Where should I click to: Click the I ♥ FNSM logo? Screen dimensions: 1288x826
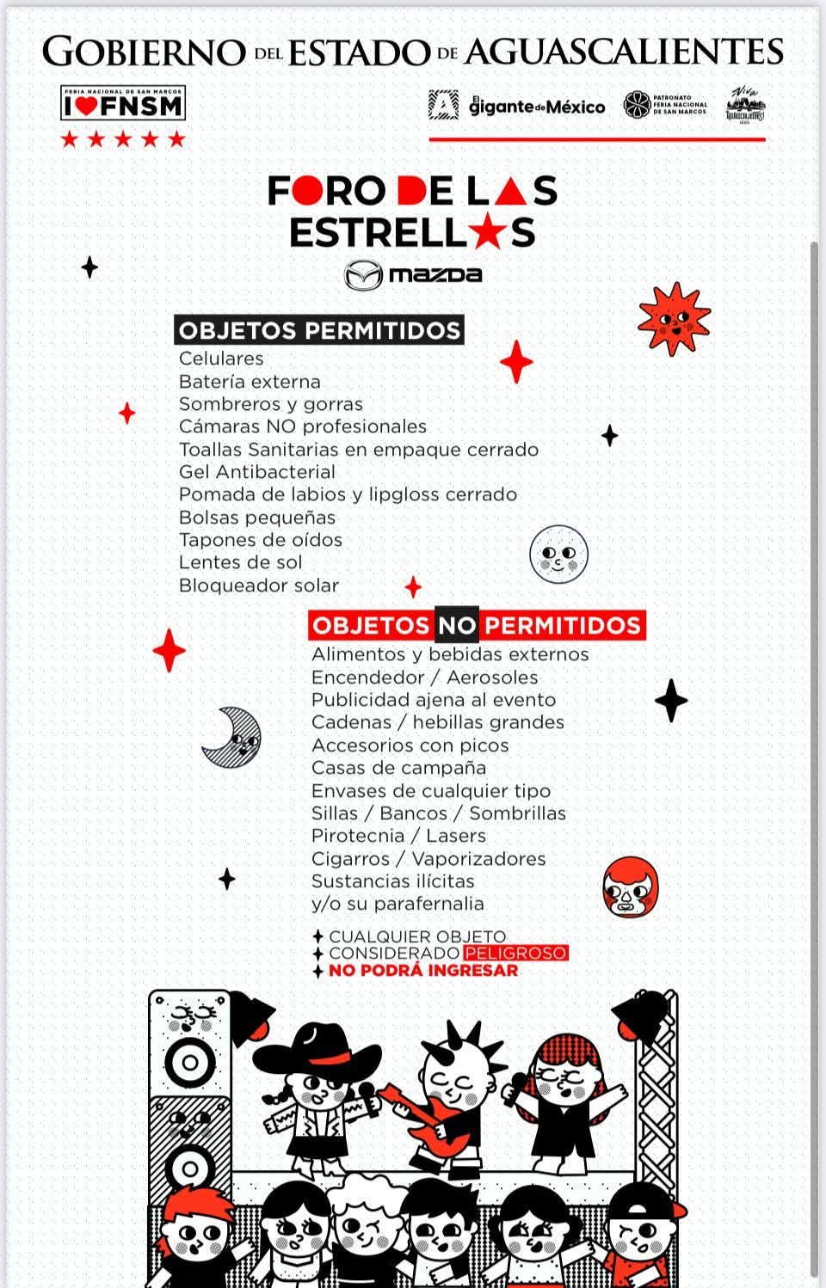123,104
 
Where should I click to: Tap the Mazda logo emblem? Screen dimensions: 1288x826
363,275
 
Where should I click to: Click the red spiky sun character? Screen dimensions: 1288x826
674,319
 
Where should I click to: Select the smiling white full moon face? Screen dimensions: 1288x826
558,554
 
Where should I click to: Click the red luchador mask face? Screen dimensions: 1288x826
631,886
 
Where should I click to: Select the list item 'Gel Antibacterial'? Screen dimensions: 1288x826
257,472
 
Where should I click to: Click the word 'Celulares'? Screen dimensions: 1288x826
221,359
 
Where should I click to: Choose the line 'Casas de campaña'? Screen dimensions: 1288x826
398,768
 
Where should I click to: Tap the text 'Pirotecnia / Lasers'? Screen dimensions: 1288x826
398,836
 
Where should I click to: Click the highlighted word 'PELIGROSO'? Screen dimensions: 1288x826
515,954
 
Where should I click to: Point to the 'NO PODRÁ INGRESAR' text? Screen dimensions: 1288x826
423,971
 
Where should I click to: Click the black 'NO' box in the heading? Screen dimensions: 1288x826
456,625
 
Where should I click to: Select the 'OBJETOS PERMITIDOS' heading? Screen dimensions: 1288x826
319,330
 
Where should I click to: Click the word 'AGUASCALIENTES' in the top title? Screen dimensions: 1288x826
624,52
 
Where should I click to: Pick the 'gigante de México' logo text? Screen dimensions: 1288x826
537,107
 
